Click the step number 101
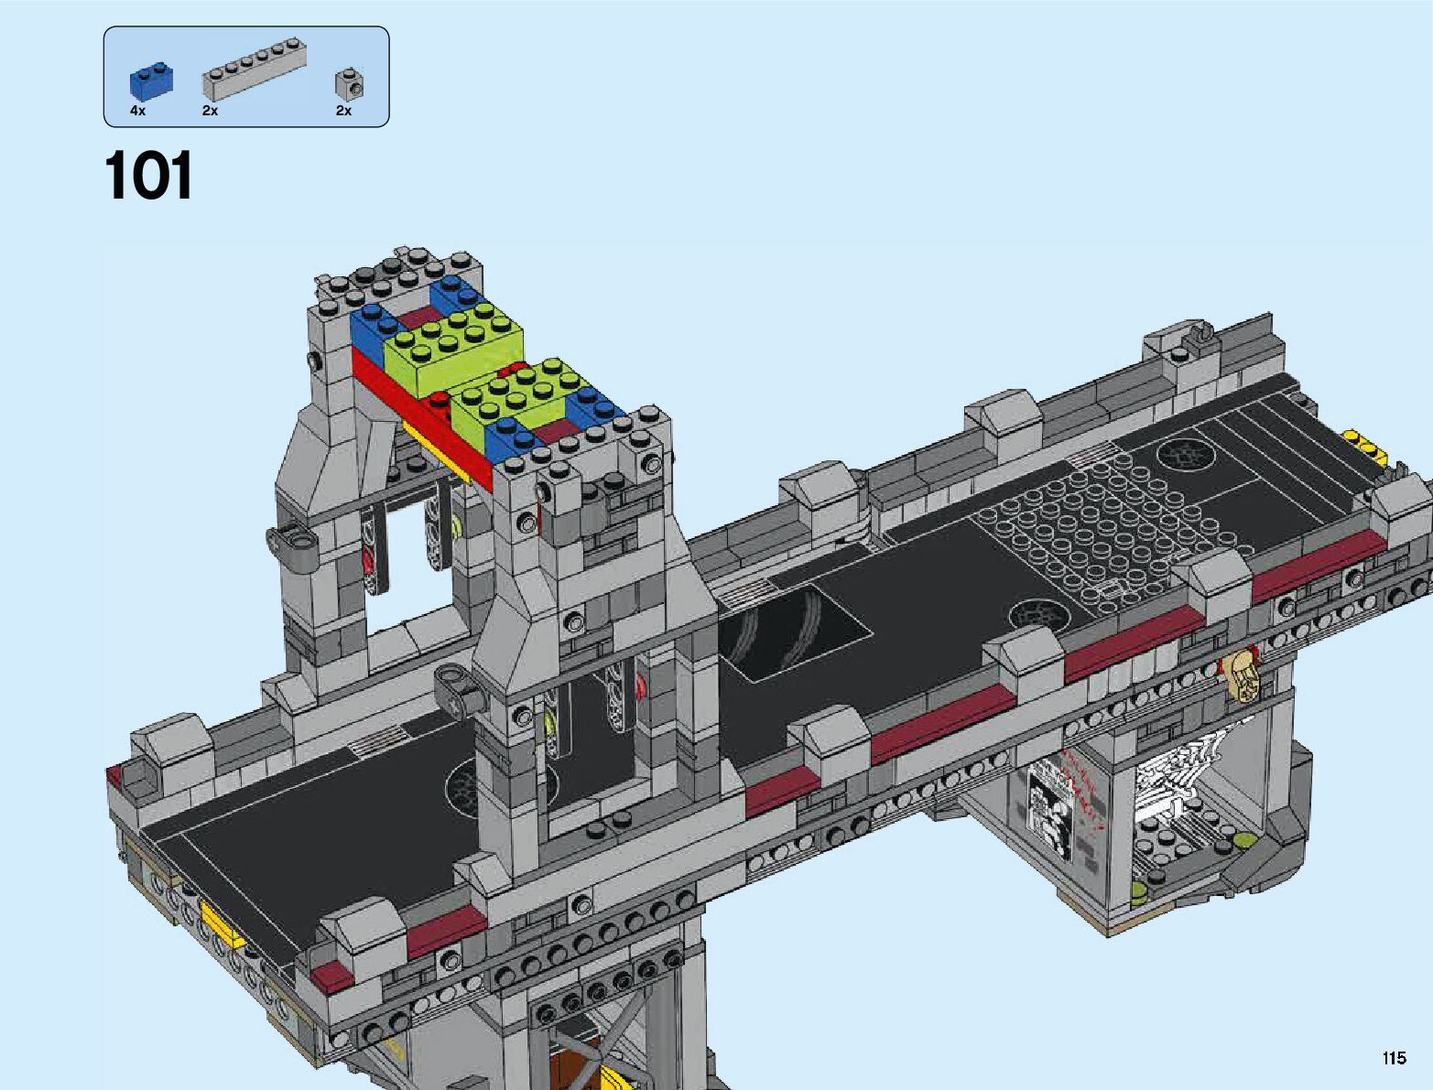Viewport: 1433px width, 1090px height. coord(148,175)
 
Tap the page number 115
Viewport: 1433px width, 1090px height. coord(1394,1057)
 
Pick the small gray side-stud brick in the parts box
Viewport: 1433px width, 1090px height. coord(349,83)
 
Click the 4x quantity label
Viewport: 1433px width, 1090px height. coord(137,111)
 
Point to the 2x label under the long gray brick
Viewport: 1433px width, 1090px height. coord(210,111)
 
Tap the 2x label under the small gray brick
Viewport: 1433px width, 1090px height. coord(343,111)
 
